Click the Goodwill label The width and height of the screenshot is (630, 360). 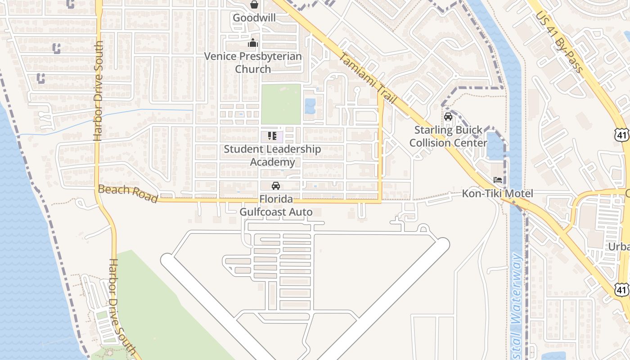pyautogui.click(x=254, y=18)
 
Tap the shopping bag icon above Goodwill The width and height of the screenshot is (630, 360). pyautogui.click(x=254, y=5)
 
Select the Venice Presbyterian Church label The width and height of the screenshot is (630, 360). pyautogui.click(x=253, y=63)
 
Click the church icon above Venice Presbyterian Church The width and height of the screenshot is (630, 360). pyautogui.click(x=253, y=44)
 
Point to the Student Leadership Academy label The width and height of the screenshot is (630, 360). pyautogui.click(x=272, y=155)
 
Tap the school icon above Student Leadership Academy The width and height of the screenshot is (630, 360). pyautogui.click(x=272, y=135)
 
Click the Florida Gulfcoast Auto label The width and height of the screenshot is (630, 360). pyautogui.click(x=276, y=205)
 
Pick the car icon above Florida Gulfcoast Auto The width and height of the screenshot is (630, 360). pyautogui.click(x=275, y=186)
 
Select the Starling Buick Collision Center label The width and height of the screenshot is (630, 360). pyautogui.click(x=450, y=136)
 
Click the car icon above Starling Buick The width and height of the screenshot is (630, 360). pyautogui.click(x=448, y=117)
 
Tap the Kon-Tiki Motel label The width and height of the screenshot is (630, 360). pyautogui.click(x=498, y=193)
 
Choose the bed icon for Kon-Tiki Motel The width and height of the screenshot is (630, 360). pyautogui.click(x=498, y=180)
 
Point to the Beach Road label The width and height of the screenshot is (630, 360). pyautogui.click(x=128, y=193)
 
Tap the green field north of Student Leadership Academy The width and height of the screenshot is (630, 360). pyautogui.click(x=281, y=104)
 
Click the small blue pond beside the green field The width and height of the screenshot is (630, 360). pyautogui.click(x=310, y=106)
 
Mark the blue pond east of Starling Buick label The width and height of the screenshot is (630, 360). pyautogui.click(x=495, y=146)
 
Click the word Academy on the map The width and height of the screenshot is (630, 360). pyautogui.click(x=272, y=162)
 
